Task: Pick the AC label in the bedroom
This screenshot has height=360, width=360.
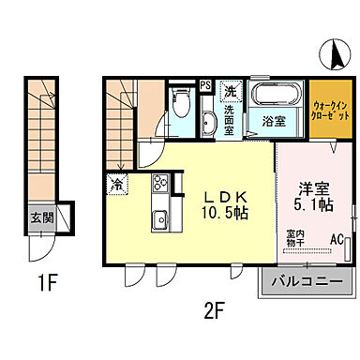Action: point(336,240)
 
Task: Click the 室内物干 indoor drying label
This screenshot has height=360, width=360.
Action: point(294,239)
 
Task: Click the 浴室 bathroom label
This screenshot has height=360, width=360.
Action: point(273,122)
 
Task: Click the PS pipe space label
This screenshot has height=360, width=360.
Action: point(205,87)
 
